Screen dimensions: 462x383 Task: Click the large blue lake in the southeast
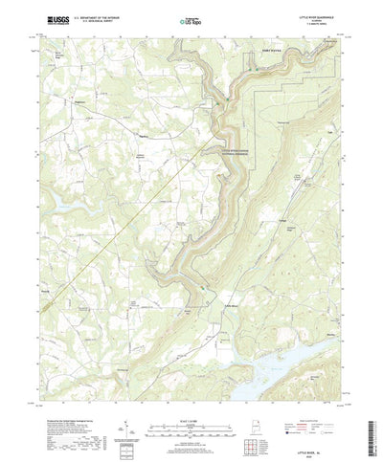coord(287,364)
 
